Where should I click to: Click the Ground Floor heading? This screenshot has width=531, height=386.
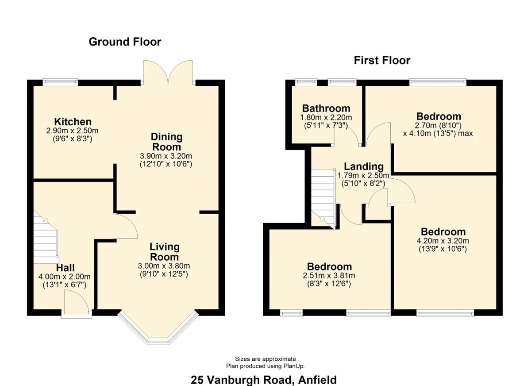coord(125,42)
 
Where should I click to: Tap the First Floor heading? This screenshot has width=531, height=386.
coord(382,60)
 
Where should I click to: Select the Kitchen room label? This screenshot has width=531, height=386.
coord(73,122)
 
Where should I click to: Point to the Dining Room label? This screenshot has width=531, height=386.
coord(167,142)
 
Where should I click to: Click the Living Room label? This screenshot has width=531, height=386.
coord(165,252)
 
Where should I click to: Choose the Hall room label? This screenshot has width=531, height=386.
coord(65,268)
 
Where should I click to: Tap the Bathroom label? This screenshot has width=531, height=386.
coord(326,108)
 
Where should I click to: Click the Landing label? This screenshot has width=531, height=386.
coord(364,166)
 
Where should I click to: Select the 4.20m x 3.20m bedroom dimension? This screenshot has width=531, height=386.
coord(443,241)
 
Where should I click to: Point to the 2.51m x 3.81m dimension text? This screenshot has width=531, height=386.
coord(329,276)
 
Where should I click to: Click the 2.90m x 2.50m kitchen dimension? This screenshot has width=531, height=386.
coord(72,131)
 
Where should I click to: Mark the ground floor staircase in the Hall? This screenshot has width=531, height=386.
coord(46,237)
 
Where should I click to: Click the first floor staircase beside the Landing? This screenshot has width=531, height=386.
coord(323,199)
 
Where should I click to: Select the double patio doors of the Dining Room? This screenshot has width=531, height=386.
coord(168,72)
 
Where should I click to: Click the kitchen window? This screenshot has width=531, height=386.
coord(61,82)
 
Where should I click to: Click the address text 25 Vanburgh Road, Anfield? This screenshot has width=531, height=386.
coord(264,379)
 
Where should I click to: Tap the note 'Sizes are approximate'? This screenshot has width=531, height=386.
coord(265,359)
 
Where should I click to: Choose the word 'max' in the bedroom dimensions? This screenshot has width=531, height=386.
coord(466,134)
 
